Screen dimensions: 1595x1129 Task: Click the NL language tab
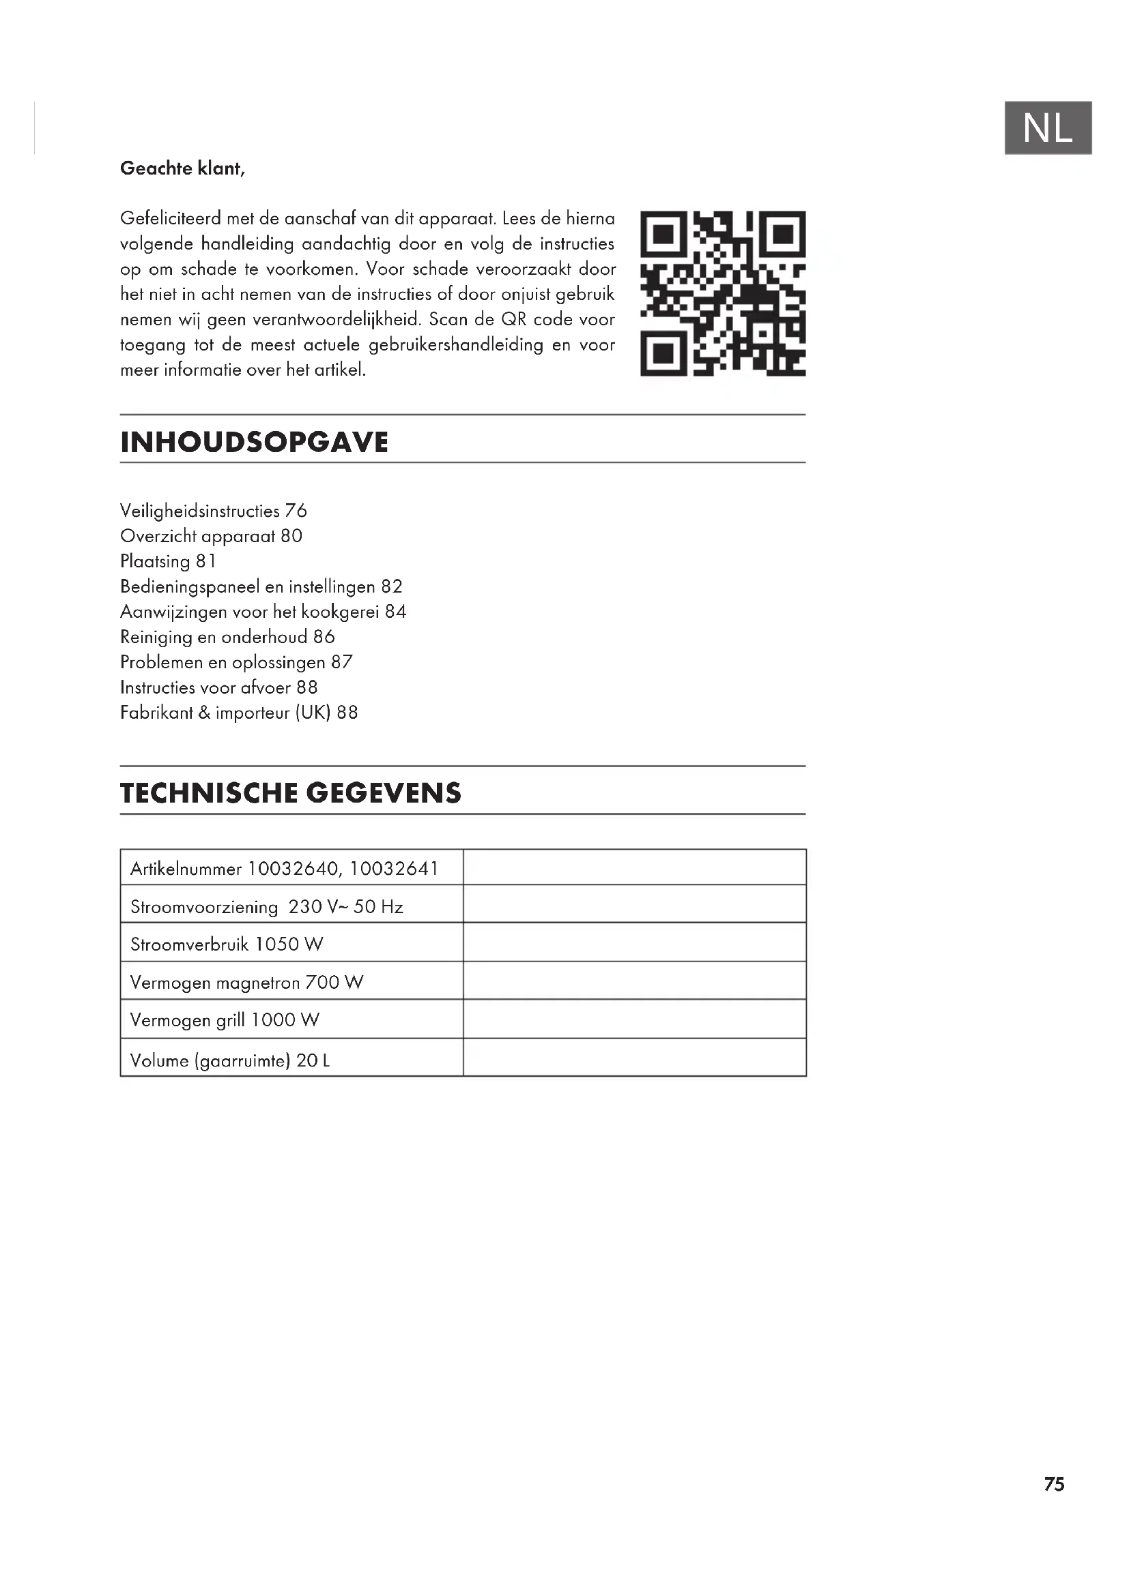pos(1048,128)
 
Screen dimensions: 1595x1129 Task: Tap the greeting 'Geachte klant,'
pos(183,168)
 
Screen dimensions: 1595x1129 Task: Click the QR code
pos(723,293)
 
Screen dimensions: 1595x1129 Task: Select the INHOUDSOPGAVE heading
pos(255,443)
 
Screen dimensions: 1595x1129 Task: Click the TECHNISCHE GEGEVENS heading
pos(291,793)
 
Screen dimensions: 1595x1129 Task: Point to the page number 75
pos(1054,1484)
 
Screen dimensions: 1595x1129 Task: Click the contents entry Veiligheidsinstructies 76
pos(214,511)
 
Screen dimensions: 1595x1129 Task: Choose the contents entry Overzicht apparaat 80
pos(212,535)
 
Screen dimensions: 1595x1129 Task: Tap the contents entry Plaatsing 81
pos(168,561)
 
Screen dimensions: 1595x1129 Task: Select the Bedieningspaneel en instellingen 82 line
pos(261,586)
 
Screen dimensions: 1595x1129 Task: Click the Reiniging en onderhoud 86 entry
pos(227,636)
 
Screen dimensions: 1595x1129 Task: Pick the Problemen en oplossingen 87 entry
pos(236,662)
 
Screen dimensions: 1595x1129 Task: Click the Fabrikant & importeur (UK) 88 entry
pos(239,712)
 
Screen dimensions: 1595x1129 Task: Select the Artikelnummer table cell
pos(285,868)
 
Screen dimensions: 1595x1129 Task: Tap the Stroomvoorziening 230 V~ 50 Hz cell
pos(267,906)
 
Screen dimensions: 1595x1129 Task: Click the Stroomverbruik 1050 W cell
pos(227,944)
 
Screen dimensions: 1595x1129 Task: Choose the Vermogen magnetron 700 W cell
pos(247,982)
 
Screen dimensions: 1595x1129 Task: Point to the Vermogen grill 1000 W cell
pos(225,1019)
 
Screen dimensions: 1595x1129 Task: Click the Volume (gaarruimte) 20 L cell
pos(230,1060)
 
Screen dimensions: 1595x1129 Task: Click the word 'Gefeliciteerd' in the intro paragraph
pos(171,218)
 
